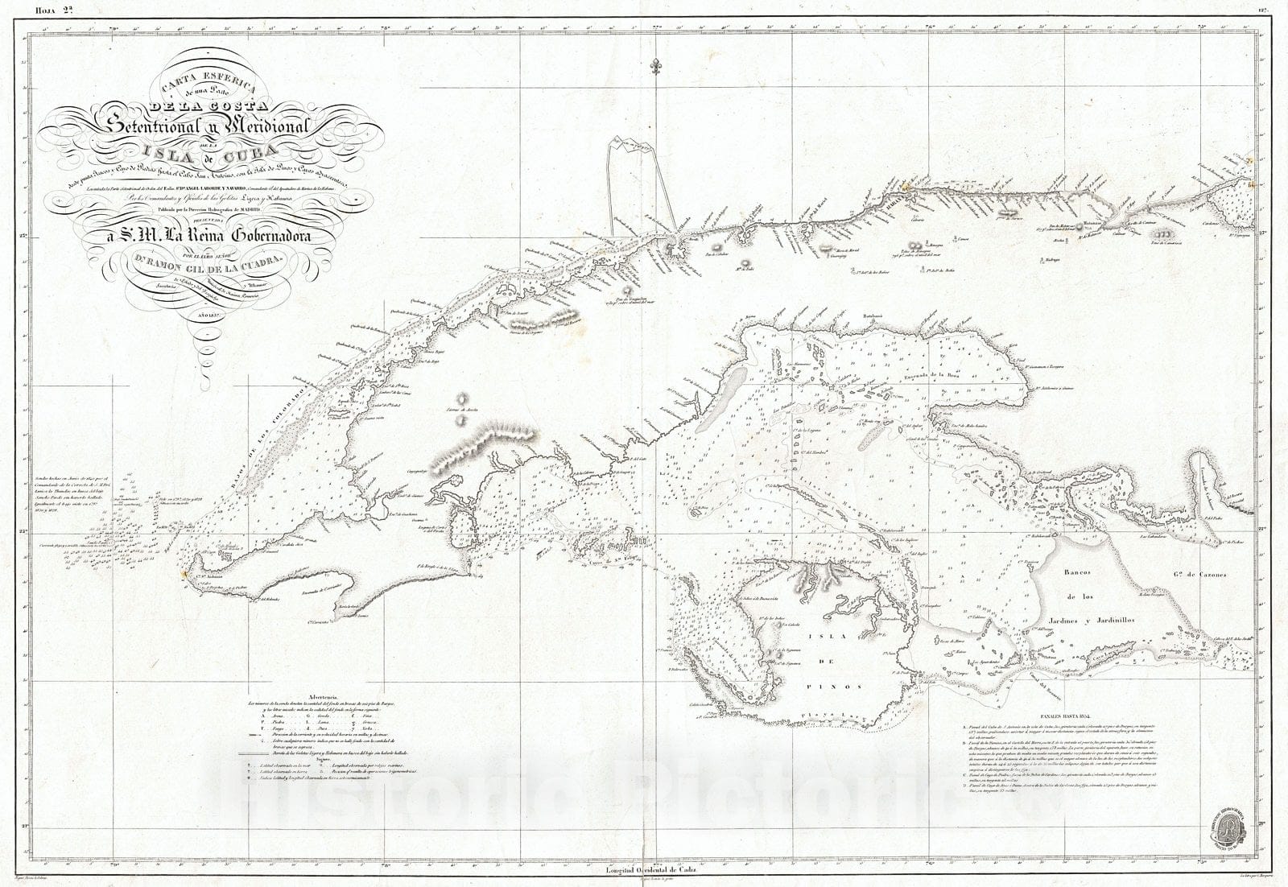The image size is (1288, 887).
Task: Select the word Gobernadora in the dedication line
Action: (270, 236)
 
